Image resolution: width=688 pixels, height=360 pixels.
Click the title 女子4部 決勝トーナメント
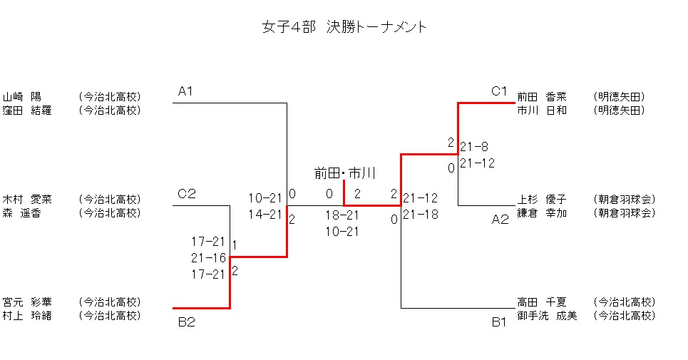(x=345, y=28)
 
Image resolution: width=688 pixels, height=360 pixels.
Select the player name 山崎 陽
(x=22, y=97)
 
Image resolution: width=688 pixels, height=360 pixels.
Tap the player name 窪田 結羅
(x=27, y=110)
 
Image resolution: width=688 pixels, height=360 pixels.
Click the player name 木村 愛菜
(x=27, y=199)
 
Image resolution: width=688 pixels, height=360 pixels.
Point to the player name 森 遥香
(x=22, y=212)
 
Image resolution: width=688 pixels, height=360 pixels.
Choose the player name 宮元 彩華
(x=27, y=302)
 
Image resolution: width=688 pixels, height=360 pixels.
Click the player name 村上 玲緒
(x=27, y=315)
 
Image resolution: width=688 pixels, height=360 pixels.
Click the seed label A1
(x=186, y=91)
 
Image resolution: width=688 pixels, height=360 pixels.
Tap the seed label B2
(x=186, y=322)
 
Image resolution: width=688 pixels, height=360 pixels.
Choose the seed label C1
(x=498, y=91)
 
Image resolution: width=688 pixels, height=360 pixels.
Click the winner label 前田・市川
(x=345, y=173)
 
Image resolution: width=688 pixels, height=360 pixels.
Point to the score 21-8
(x=474, y=147)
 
